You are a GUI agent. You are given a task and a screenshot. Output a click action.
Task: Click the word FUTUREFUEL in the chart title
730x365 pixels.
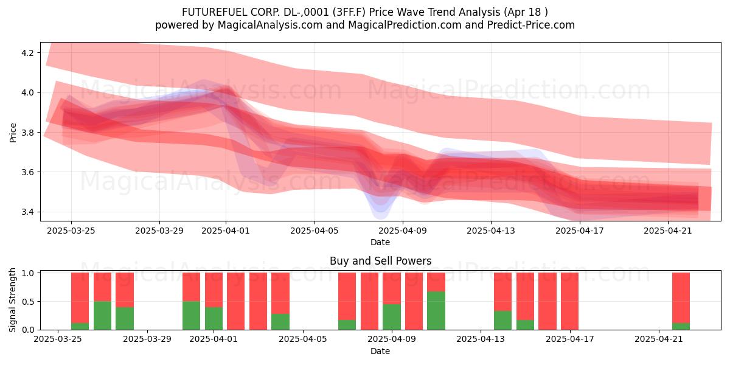pyautogui.click(x=215, y=12)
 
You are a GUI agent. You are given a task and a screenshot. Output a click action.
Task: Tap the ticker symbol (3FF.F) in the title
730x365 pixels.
pyautogui.click(x=349, y=12)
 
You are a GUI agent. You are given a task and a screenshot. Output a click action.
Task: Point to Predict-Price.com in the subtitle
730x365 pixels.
pyautogui.click(x=531, y=25)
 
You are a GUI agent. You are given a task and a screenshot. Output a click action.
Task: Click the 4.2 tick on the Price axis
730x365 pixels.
pyautogui.click(x=27, y=53)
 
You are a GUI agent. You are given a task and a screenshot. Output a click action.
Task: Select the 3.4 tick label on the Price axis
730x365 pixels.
pyautogui.click(x=27, y=212)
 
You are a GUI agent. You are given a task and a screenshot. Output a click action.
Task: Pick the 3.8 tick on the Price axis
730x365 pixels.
pyautogui.click(x=27, y=133)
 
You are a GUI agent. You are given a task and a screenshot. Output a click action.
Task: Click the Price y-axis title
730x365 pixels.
pyautogui.click(x=13, y=133)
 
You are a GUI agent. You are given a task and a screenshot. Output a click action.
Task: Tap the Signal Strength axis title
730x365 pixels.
pyautogui.click(x=12, y=300)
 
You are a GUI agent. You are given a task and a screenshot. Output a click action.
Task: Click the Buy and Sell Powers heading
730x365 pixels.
pyautogui.click(x=380, y=261)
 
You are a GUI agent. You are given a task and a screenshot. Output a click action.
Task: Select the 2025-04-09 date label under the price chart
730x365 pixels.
pyautogui.click(x=403, y=231)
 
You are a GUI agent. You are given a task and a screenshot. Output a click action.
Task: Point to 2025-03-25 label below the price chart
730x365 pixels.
pyautogui.click(x=71, y=231)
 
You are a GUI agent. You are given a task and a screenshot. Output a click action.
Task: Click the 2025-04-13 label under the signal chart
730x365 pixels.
pyautogui.click(x=481, y=339)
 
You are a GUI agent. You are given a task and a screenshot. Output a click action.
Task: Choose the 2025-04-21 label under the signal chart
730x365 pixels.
pyautogui.click(x=659, y=339)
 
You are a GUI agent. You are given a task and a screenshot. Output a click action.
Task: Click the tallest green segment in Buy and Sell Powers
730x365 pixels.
pyautogui.click(x=436, y=311)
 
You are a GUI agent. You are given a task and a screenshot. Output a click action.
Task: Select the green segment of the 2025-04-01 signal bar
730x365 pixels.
pyautogui.click(x=214, y=318)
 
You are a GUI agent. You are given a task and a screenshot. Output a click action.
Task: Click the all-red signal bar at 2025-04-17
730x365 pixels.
pyautogui.click(x=569, y=301)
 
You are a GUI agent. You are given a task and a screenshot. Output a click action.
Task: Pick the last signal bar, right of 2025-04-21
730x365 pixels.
pyautogui.click(x=681, y=301)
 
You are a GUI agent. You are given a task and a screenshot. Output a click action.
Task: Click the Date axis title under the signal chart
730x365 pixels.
pyautogui.click(x=380, y=351)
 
